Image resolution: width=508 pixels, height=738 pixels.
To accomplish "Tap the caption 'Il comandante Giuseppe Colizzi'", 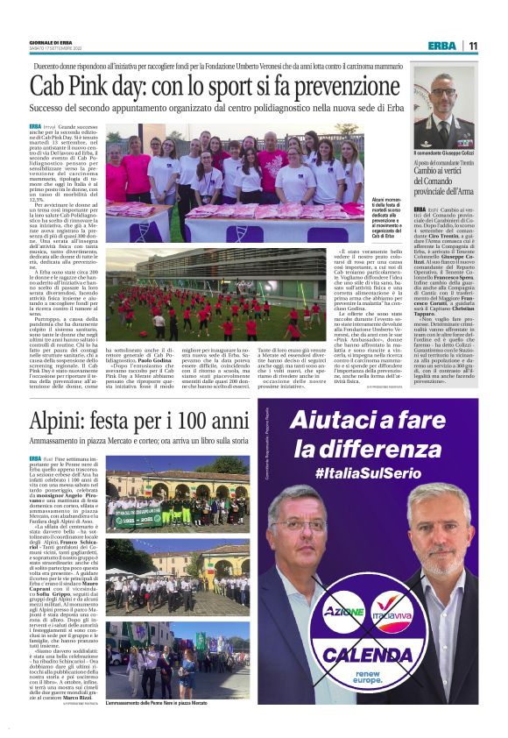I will click(x=444, y=153).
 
